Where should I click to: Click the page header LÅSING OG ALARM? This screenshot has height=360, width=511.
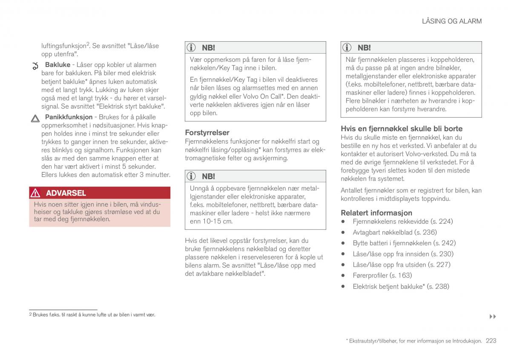pyautogui.click(x=452, y=21)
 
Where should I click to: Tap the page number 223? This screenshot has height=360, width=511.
pyautogui.click(x=491, y=341)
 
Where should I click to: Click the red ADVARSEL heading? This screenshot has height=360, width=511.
pyautogui.click(x=66, y=193)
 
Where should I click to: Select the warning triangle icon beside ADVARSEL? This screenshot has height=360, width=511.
pyautogui.click(x=35, y=193)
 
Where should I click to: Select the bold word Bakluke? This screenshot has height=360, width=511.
pyautogui.click(x=57, y=65)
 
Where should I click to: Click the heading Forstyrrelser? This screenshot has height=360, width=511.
pyautogui.click(x=207, y=132)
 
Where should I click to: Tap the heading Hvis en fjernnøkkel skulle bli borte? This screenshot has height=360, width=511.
pyautogui.click(x=401, y=129)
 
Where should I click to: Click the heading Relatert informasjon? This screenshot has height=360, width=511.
pyautogui.click(x=376, y=213)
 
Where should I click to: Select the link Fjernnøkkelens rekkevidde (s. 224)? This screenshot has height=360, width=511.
pyautogui.click(x=402, y=222)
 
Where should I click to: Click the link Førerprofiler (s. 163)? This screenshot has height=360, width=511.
pyautogui.click(x=382, y=275)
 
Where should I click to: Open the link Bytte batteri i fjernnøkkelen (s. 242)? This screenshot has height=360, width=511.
pyautogui.click(x=404, y=243)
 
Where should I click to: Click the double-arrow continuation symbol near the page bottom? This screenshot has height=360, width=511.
pyautogui.click(x=493, y=317)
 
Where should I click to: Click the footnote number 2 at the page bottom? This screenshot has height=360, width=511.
pyautogui.click(x=30, y=315)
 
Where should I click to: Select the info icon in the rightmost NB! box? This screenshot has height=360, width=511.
pyautogui.click(x=348, y=48)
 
